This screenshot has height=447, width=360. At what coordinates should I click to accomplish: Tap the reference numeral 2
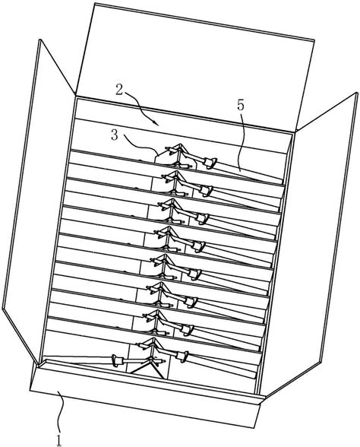120,90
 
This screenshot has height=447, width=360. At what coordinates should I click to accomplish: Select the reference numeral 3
114,135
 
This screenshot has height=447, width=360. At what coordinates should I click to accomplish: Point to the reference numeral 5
241,106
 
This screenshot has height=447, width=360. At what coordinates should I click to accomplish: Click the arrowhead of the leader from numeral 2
156,123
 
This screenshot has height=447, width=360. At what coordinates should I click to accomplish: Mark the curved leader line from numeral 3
140,144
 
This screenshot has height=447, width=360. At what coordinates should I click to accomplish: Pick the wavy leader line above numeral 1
60,413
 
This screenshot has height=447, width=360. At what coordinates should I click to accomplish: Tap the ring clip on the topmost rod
210,163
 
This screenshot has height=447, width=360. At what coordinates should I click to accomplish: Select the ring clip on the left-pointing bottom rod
115,360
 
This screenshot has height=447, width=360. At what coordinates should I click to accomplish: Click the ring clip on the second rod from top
207,191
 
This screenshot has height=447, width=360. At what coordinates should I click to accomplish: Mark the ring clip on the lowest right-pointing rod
183,357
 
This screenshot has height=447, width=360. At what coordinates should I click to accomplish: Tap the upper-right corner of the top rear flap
314,41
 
